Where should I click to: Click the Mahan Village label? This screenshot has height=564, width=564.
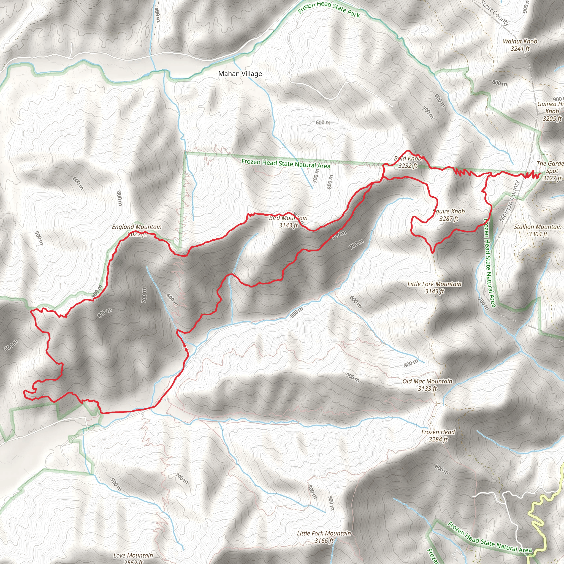(240, 74)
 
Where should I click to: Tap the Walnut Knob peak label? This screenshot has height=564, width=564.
(520, 42)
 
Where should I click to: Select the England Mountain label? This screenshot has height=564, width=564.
(137, 227)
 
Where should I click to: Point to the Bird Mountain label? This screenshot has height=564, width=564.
(288, 218)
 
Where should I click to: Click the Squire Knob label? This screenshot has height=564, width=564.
(449, 211)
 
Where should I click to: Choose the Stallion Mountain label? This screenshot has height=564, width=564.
(538, 227)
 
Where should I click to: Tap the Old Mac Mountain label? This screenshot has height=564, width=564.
(427, 381)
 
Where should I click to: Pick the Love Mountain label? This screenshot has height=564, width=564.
(133, 555)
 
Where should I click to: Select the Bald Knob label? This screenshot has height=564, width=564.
(408, 159)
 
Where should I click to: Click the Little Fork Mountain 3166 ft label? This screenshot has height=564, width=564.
(324, 533)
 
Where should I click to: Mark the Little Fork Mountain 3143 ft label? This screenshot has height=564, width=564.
(434, 284)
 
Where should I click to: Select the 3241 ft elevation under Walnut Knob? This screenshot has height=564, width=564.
(520, 49)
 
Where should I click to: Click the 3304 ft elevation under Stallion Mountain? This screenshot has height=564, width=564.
(538, 234)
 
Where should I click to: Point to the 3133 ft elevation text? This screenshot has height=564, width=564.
(427, 389)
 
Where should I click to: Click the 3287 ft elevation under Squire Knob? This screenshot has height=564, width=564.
(449, 219)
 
